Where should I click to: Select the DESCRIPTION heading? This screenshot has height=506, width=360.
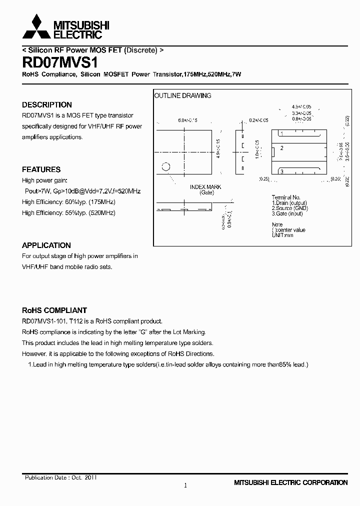[x=47, y=105]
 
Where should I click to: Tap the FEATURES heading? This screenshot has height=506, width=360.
[x=41, y=169]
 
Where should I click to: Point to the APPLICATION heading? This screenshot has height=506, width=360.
[x=46, y=245]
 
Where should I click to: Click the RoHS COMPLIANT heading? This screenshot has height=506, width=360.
[x=54, y=310]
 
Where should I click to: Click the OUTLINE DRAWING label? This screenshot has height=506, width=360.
[x=182, y=95]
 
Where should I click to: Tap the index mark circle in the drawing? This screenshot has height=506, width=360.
[x=166, y=167]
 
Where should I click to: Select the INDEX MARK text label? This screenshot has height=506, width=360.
[x=205, y=187]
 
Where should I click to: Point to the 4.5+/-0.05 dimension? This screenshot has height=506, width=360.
[x=301, y=107]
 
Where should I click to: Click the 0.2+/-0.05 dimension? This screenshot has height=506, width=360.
[x=258, y=120]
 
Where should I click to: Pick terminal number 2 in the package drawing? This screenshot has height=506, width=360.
[x=282, y=148]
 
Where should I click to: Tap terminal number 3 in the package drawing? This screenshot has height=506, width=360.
[x=282, y=171]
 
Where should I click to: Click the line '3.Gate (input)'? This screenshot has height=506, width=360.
[x=287, y=214]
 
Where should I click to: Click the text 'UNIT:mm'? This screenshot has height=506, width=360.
[x=282, y=235]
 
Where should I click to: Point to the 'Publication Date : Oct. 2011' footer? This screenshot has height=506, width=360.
[x=61, y=477]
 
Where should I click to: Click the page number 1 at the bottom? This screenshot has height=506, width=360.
[x=185, y=485]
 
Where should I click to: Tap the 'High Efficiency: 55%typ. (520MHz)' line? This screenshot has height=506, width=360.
[x=68, y=213]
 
